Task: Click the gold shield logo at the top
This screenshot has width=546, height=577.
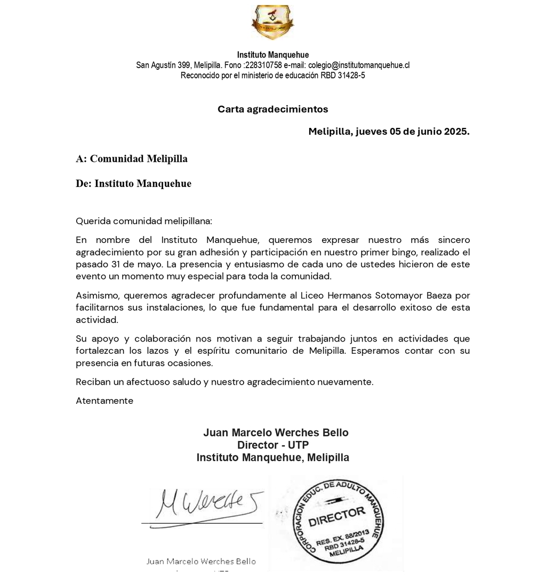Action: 272,22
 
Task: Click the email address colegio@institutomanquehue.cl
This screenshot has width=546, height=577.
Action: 358,65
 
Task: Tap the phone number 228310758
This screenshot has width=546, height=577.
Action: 263,65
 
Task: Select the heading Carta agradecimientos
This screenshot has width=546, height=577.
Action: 272,109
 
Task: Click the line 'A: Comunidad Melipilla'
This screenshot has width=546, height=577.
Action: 132,159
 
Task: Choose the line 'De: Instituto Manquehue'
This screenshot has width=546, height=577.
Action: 133,184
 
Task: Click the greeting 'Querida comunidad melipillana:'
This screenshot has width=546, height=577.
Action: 144,221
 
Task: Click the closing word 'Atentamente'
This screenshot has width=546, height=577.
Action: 105,401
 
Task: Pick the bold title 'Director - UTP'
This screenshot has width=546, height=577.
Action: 272,445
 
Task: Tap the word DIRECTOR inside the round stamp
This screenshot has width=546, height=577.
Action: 337,516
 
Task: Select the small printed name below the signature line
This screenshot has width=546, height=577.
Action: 201,562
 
